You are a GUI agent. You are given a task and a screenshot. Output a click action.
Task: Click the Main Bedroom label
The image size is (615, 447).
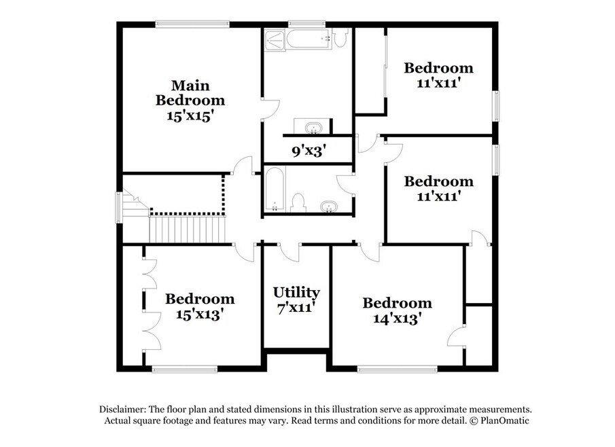(190, 93)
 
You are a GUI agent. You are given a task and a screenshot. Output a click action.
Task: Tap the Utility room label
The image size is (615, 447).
(296, 293)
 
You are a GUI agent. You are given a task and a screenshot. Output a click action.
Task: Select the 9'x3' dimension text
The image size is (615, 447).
(309, 151)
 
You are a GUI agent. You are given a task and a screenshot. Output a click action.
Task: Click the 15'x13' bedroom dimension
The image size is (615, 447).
(200, 314)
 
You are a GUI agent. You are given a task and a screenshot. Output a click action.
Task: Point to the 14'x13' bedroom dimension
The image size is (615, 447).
(398, 319)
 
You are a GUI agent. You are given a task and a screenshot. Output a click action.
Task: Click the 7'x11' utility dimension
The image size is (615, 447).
(296, 308)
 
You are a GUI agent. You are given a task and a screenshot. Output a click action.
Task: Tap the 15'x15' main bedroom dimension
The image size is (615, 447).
(190, 115)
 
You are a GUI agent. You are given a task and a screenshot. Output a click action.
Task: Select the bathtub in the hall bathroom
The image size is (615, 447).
(274, 190)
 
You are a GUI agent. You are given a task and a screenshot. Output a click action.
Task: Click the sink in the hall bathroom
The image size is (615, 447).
(329, 207)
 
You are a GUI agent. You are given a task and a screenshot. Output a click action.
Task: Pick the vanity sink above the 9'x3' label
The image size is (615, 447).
(313, 128)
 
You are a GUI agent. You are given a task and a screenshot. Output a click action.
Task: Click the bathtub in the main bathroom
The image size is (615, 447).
(309, 39)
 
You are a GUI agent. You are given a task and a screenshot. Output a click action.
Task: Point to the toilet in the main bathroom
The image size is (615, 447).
(341, 37)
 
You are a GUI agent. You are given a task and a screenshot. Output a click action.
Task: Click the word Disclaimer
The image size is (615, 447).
(122, 410)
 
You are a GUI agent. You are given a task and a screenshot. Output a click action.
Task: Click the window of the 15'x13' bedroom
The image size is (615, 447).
(185, 369)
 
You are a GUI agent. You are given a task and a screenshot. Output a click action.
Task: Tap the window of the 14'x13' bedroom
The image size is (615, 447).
(398, 369)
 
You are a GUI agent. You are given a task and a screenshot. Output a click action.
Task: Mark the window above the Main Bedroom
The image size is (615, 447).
(192, 24)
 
